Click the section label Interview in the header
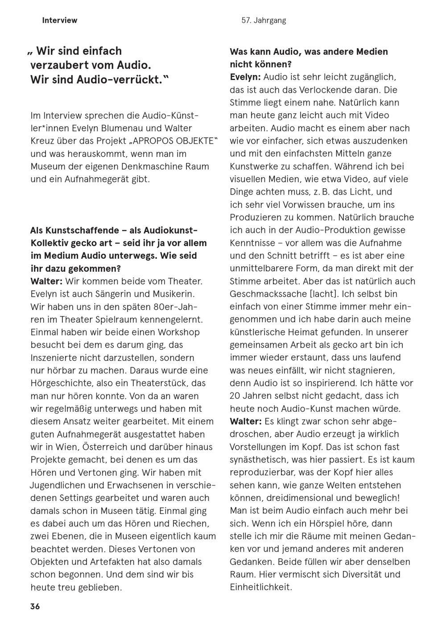click(59, 20)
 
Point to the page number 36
click(35, 606)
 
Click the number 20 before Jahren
click(235, 396)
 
